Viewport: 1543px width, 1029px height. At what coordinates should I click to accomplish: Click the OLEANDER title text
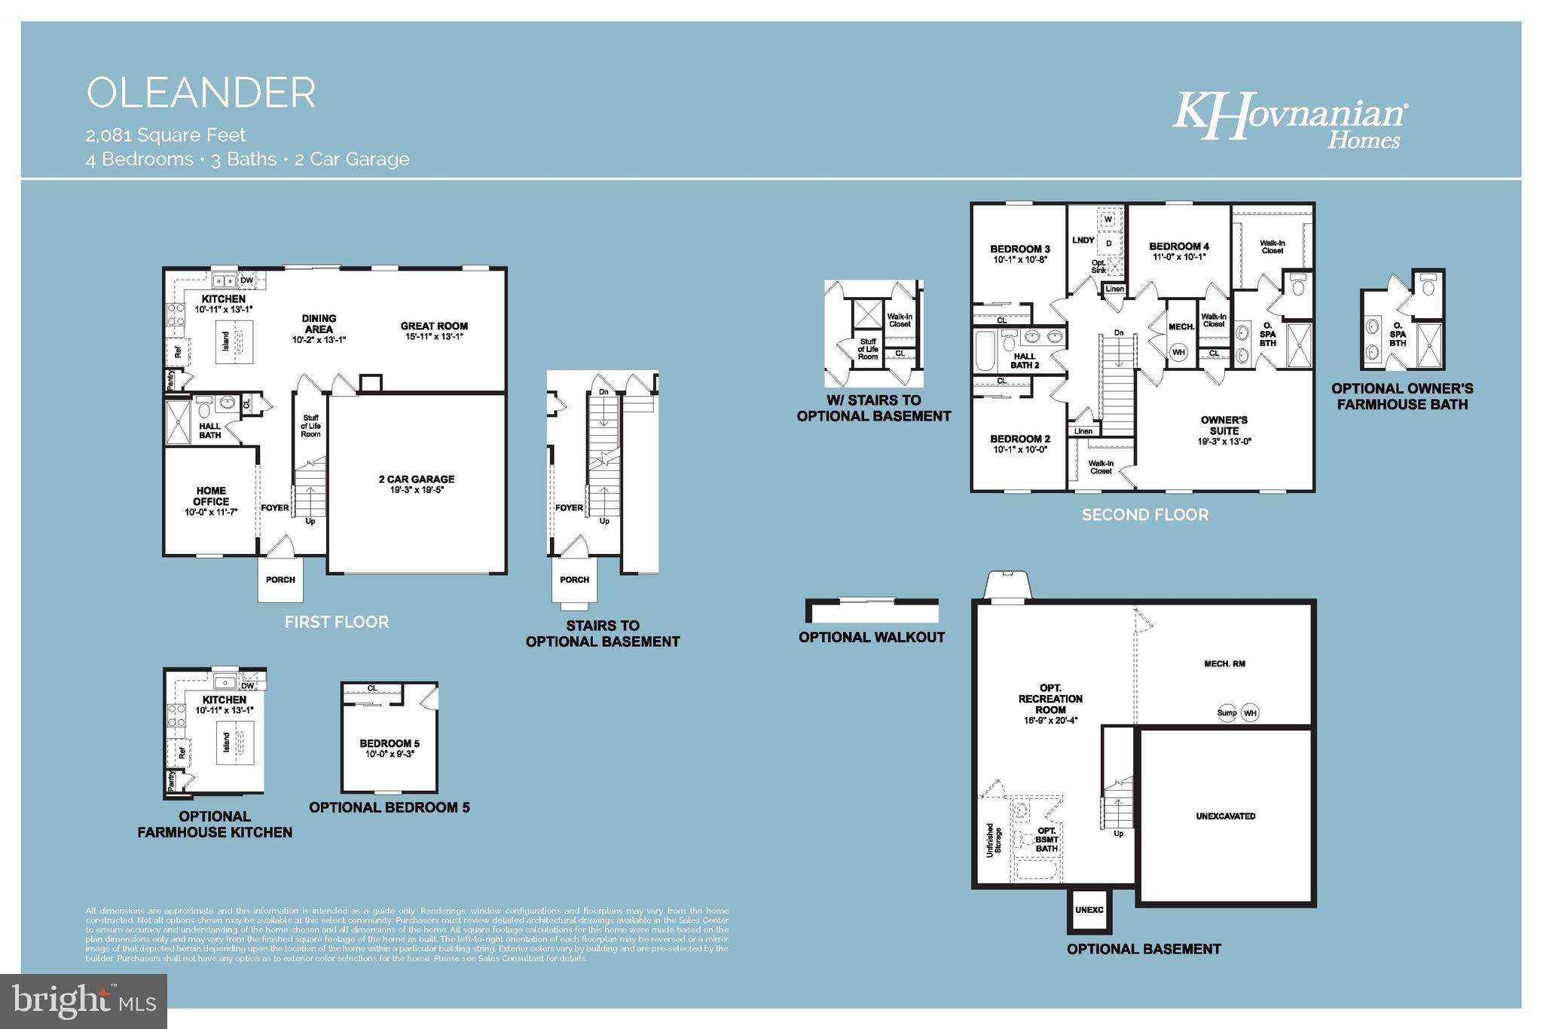coord(201,93)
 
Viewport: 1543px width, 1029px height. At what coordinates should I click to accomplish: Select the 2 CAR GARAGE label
coord(417,479)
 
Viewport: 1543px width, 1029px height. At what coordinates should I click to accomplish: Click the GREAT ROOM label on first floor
coord(434,326)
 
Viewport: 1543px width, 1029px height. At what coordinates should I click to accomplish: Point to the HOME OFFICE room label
coord(211,496)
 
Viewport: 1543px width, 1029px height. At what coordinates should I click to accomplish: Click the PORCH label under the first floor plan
coord(280,580)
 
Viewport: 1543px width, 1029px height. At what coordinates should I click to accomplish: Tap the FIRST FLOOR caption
coord(337,622)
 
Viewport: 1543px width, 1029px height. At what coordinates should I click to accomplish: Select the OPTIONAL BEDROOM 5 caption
coord(389,807)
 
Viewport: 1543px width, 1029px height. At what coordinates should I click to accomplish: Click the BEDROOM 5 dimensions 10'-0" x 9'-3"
coord(390,754)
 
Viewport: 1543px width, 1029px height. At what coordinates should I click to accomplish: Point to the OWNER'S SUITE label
coord(1224,425)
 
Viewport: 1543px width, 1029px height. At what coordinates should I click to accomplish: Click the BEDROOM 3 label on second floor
coord(1020,249)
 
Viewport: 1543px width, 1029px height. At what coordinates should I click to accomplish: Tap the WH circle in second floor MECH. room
coord(1178,352)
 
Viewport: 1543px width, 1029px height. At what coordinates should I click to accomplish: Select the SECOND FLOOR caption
coord(1145,515)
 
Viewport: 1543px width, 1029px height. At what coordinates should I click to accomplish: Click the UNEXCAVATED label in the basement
coord(1226,816)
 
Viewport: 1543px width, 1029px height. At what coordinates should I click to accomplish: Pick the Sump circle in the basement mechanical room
coord(1227,712)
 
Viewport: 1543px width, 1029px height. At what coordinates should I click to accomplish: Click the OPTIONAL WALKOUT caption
coord(872,637)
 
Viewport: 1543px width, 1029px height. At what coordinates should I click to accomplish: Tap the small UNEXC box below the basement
coord(1089,910)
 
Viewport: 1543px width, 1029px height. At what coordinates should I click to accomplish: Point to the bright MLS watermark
coord(84,1001)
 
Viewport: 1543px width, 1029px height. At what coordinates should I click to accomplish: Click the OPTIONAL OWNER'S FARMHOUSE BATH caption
coord(1402,397)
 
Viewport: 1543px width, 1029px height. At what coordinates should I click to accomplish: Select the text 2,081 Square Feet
coord(166,135)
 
